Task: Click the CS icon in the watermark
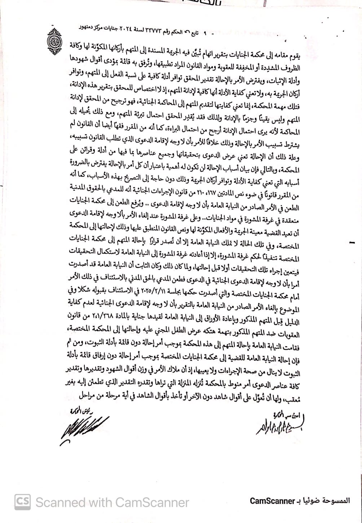[x=22, y=501]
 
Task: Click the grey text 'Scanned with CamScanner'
[x=112, y=502]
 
